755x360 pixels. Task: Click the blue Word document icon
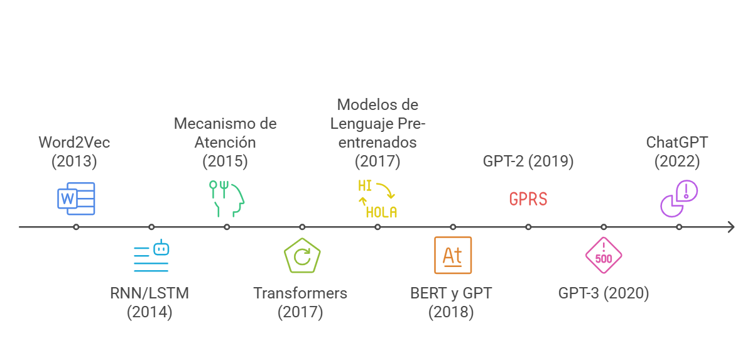[x=76, y=199]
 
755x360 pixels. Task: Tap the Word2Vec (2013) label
[x=74, y=152]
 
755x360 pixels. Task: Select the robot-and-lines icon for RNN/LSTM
[x=151, y=256]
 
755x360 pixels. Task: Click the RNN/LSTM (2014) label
[x=149, y=302]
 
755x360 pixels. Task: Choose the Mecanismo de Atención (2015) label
[x=225, y=142]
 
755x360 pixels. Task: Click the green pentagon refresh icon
[x=302, y=256]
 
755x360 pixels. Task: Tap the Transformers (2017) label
[x=300, y=302]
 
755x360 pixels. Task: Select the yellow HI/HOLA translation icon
[x=377, y=199]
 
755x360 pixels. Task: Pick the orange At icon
[x=453, y=255]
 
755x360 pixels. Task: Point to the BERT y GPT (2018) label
[x=451, y=302]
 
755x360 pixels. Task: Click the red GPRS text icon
[x=528, y=199]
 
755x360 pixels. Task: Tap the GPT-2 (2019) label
[x=528, y=161]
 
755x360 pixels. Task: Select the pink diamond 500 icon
[x=604, y=256]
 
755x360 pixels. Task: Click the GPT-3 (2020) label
[x=604, y=293]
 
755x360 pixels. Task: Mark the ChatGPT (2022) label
[x=677, y=152]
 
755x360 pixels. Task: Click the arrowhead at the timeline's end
[x=731, y=227]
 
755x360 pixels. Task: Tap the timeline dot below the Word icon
[x=76, y=227]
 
